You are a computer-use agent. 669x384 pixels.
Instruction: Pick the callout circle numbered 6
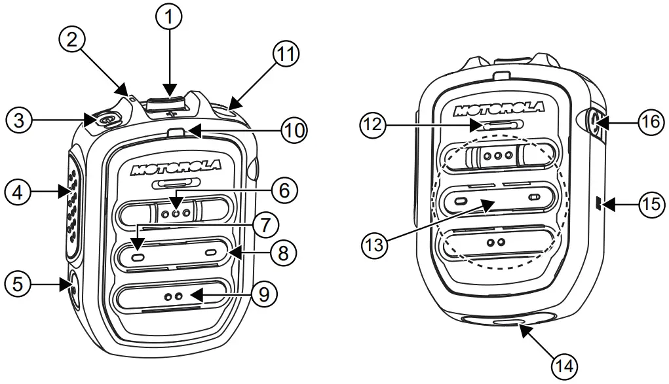[x=282, y=190]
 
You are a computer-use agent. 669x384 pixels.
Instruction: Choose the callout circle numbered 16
[x=650, y=122]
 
